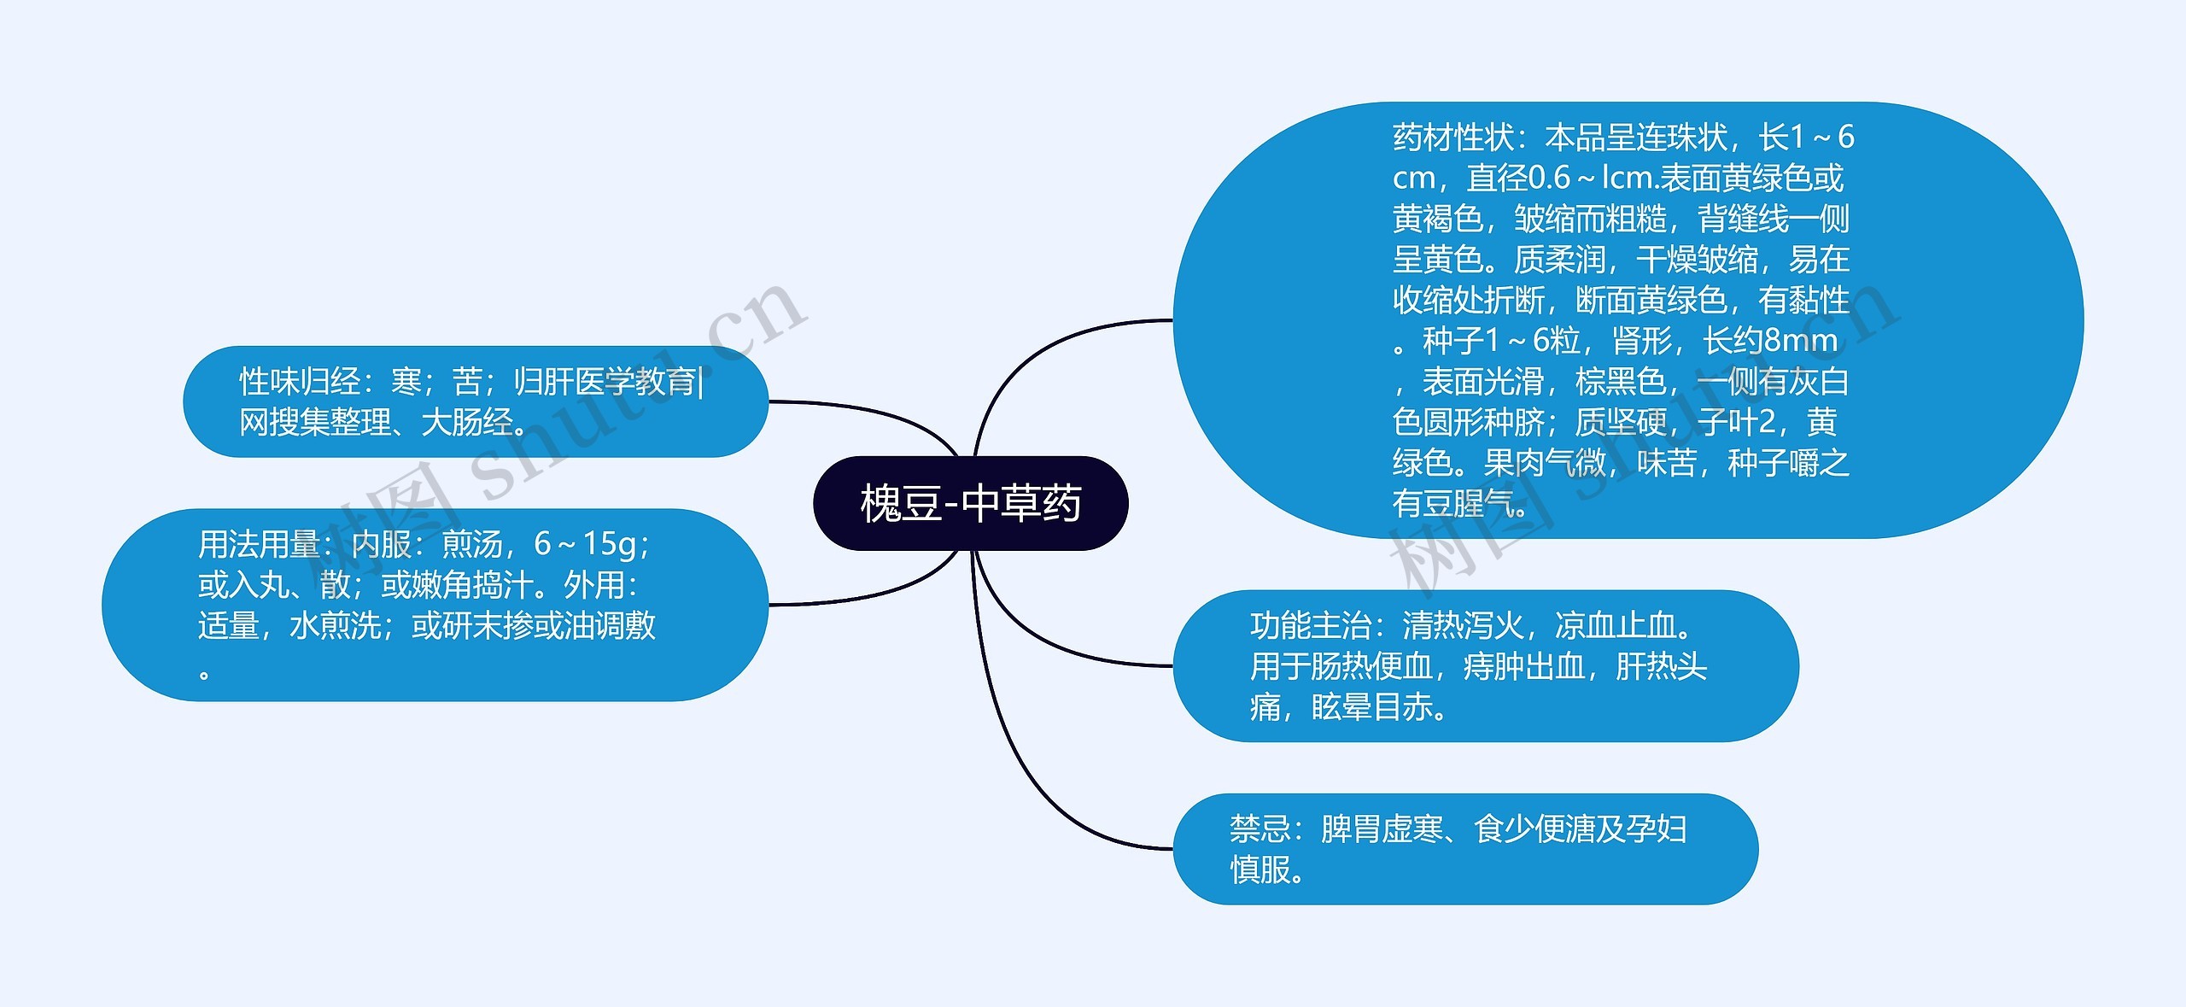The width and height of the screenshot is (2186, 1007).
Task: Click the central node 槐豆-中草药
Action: click(x=971, y=503)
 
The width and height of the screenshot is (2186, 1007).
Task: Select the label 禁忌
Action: click(x=1260, y=828)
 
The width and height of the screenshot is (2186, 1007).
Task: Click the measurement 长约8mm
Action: click(x=1770, y=341)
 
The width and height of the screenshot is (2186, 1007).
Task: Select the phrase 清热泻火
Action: click(x=1463, y=626)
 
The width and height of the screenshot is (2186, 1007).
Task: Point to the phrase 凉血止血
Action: click(x=1615, y=626)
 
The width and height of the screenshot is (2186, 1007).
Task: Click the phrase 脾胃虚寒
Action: click(x=1382, y=828)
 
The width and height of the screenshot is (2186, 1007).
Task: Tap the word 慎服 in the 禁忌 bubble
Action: click(x=1260, y=869)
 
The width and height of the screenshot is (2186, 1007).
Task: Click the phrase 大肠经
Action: click(x=467, y=422)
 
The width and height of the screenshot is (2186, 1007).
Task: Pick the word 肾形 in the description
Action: click(x=1642, y=341)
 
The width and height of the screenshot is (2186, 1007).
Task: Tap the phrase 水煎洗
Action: click(x=335, y=626)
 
